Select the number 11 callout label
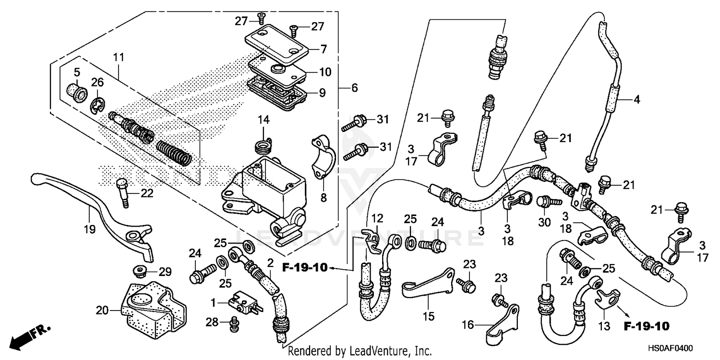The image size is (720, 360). (119, 57)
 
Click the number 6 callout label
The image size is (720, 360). (354, 88)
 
